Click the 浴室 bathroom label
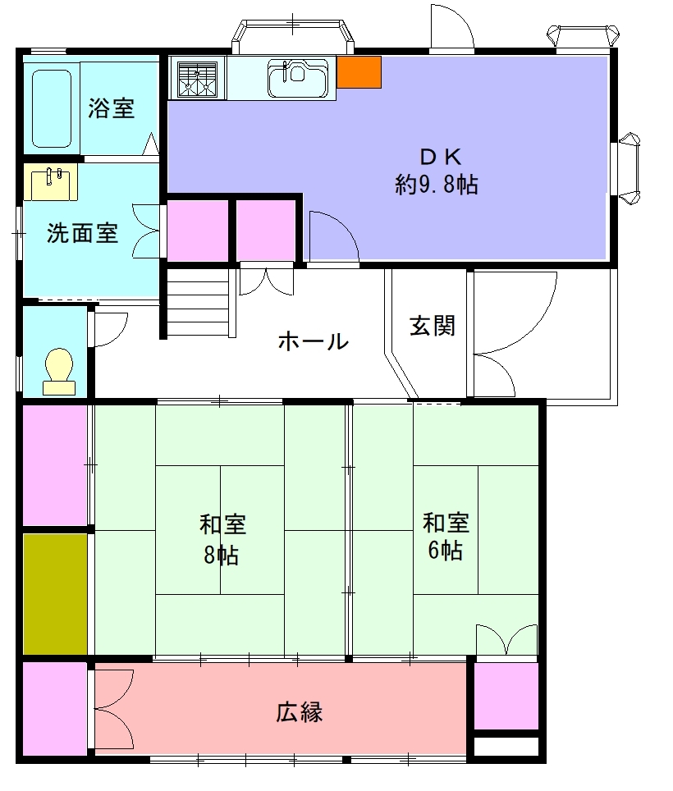click(x=111, y=108)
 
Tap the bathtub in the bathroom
click(x=52, y=108)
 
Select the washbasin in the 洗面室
click(x=50, y=181)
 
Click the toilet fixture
click(x=59, y=371)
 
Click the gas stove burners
click(x=198, y=78)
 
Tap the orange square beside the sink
click(x=359, y=72)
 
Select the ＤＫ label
click(x=441, y=158)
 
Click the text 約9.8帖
click(x=437, y=185)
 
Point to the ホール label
click(x=314, y=341)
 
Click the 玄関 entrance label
click(x=433, y=326)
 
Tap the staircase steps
click(x=199, y=303)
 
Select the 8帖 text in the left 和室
click(x=222, y=556)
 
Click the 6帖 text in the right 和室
click(x=446, y=551)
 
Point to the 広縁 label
click(x=300, y=712)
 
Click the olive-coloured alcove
click(x=56, y=594)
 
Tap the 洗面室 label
click(x=82, y=233)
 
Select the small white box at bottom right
click(x=506, y=747)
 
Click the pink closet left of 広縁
click(x=56, y=708)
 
